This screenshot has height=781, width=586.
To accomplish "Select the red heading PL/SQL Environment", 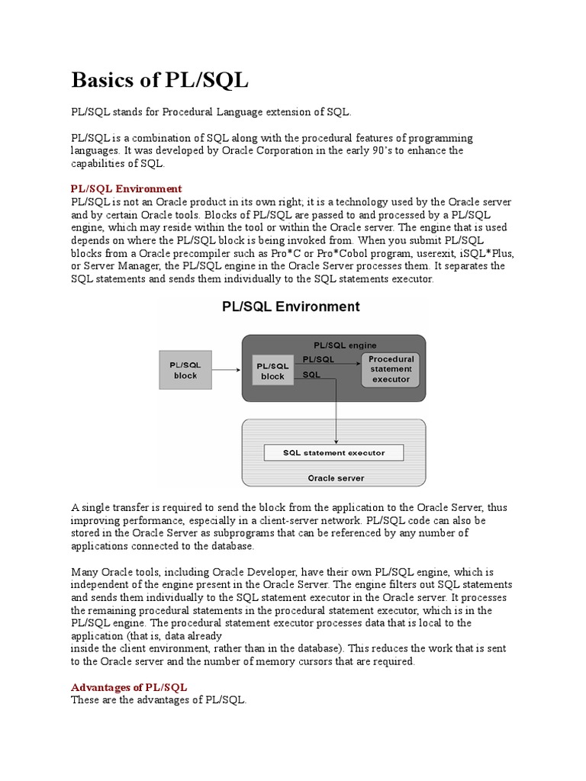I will click(x=126, y=188).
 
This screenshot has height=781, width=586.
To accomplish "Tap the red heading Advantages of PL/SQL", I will click(x=128, y=687).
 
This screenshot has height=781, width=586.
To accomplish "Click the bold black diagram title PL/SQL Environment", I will click(x=290, y=307).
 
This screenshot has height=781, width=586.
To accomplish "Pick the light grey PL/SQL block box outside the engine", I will click(x=185, y=370).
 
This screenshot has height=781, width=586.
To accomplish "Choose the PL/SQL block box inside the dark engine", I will click(x=272, y=371).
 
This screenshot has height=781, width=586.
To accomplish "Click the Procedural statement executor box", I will click(x=391, y=369).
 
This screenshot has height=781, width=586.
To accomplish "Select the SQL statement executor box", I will click(x=333, y=452).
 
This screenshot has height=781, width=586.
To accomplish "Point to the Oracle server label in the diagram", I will click(x=336, y=478).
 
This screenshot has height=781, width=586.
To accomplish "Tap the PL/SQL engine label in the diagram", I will click(x=345, y=346).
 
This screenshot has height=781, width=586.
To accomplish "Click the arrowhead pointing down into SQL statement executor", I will click(x=336, y=440).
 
